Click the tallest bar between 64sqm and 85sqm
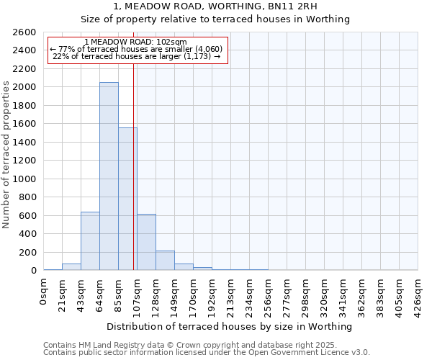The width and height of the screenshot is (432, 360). tap(109, 176)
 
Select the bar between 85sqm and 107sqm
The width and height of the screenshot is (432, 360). tap(127, 199)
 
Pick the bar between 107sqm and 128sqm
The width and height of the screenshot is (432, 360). tap(146, 242)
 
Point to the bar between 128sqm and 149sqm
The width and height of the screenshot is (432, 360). tap(165, 261)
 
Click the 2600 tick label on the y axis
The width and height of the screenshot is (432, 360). tap(24, 32)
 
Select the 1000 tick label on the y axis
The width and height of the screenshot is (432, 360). tap(24, 179)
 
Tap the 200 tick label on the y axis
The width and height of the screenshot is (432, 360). tap(27, 252)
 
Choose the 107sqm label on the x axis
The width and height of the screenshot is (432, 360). tap(138, 294)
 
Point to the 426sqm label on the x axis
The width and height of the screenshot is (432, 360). tap(418, 294)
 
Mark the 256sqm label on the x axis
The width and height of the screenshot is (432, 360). tap(269, 294)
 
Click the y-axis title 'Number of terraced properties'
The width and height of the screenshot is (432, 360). tap(6, 155)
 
